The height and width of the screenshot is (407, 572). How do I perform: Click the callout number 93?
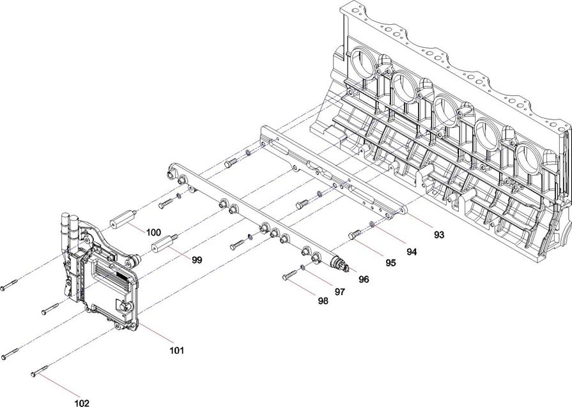[439, 235]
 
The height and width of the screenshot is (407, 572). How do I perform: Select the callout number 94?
[412, 252]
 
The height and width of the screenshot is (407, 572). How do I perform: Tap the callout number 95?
[390, 263]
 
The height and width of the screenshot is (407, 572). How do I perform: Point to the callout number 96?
[364, 279]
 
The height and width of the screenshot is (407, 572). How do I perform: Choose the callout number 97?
[339, 292]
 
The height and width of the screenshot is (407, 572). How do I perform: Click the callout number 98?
[323, 301]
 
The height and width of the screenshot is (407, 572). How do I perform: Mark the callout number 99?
[197, 259]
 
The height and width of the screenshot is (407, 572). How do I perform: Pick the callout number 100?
[153, 233]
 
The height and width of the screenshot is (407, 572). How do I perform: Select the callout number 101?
[177, 351]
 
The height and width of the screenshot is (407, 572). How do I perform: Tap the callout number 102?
[82, 403]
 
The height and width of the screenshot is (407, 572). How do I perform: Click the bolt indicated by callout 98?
[290, 275]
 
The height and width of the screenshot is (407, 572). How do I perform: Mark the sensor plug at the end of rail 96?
[339, 265]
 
